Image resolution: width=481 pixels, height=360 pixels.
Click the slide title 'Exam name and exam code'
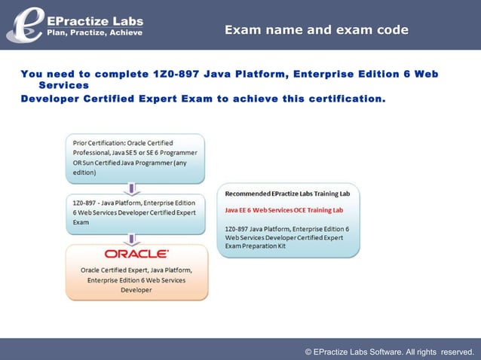pyautogui.click(x=317, y=30)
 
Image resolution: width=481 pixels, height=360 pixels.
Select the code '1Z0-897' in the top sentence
pyautogui.click(x=176, y=74)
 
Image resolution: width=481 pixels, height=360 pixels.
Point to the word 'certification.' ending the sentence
pyautogui.click(x=346, y=99)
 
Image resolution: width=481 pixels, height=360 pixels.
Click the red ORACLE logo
pyautogui.click(x=136, y=254)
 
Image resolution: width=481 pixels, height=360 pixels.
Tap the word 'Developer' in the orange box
pyautogui.click(x=136, y=290)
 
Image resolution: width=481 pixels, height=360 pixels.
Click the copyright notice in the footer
pyautogui.click(x=389, y=352)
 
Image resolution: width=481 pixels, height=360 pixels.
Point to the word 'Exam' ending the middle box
pyautogui.click(x=81, y=222)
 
